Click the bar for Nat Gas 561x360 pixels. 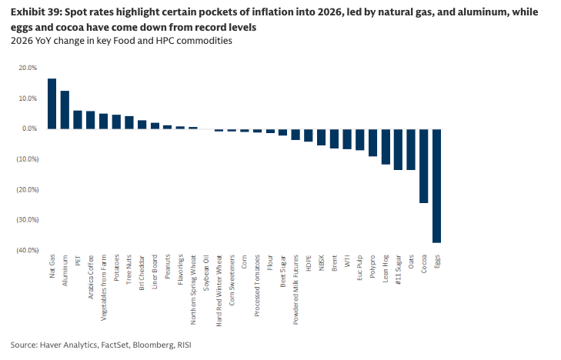pyautogui.click(x=52, y=104)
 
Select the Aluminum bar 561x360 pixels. pyautogui.click(x=65, y=110)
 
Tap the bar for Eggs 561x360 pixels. pyautogui.click(x=436, y=185)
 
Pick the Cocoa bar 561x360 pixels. pyautogui.click(x=424, y=166)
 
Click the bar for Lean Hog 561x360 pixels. pyautogui.click(x=386, y=146)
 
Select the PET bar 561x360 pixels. pyautogui.click(x=78, y=119)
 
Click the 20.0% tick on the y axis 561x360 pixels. pyautogui.click(x=27, y=68)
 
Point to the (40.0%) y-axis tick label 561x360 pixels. pyautogui.click(x=25, y=250)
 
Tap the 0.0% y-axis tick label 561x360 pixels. pyautogui.click(x=28, y=128)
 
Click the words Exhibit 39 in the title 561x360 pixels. pyautogui.click(x=33, y=13)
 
